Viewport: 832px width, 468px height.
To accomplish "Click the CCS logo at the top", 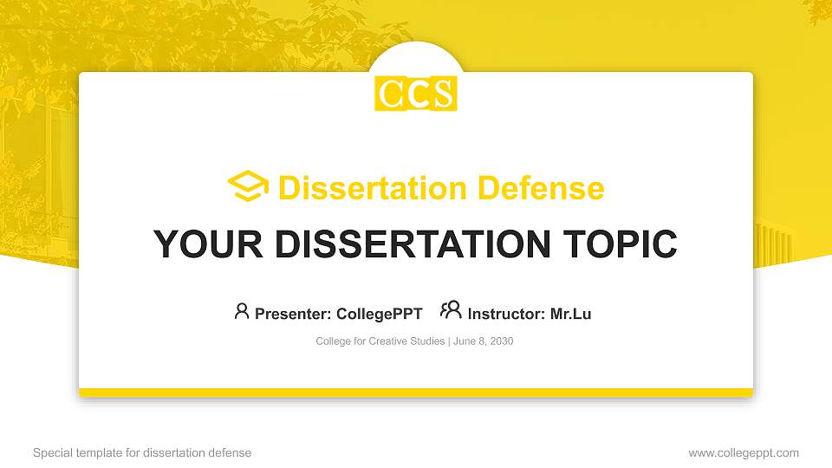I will tap(415, 94).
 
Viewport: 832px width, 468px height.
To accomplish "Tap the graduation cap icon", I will tap(248, 187).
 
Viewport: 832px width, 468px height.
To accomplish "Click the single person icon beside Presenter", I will tap(242, 311).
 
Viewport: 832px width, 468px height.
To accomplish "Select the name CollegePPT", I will tap(379, 314).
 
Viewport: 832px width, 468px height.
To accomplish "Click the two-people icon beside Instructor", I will tap(451, 310).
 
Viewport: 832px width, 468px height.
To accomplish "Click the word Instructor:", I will tap(506, 314).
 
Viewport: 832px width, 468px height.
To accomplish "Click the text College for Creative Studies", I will tap(380, 341).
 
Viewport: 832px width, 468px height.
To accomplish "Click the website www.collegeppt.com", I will tap(743, 452).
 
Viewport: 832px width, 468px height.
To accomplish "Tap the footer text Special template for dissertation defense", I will tap(141, 452).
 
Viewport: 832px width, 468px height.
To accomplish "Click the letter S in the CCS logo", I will tap(443, 94).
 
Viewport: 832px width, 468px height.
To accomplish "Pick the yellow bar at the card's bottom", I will tap(415, 393).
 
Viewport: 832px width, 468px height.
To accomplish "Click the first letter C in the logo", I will tap(388, 94).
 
